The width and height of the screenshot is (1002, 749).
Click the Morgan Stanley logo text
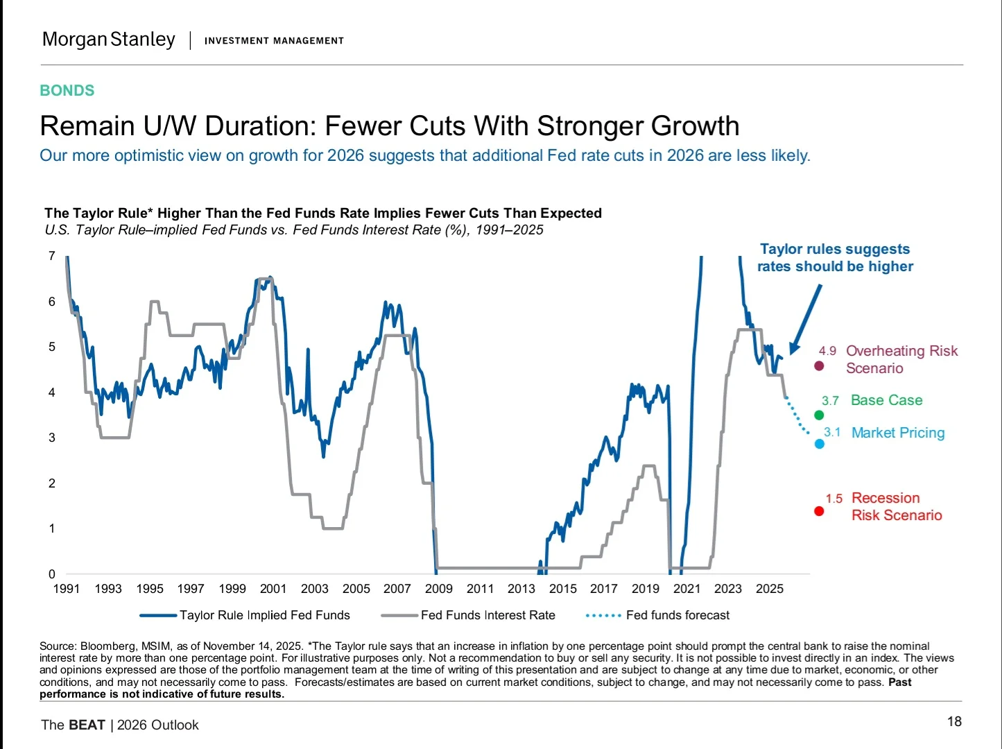(x=109, y=40)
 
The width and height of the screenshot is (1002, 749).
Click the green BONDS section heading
(x=67, y=91)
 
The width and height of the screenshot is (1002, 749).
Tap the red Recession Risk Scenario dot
(x=819, y=511)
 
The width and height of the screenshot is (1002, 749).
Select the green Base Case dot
(x=819, y=415)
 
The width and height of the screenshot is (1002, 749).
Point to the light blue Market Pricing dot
(x=820, y=444)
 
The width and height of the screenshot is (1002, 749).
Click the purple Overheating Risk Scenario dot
(x=819, y=366)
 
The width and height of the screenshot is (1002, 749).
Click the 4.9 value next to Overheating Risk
(x=827, y=351)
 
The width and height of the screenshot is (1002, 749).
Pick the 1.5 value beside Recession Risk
(x=833, y=499)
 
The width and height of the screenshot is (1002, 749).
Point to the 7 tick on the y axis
(x=52, y=256)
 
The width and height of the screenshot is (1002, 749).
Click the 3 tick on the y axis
(x=52, y=438)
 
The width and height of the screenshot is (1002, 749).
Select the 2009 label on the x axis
(x=438, y=589)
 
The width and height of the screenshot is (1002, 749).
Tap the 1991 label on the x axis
(x=67, y=589)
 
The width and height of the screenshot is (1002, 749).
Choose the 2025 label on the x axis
(x=769, y=589)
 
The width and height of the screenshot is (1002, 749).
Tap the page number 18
(x=954, y=722)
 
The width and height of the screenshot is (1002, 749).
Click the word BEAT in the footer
(x=87, y=725)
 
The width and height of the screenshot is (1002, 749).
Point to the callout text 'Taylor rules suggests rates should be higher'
(x=835, y=257)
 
